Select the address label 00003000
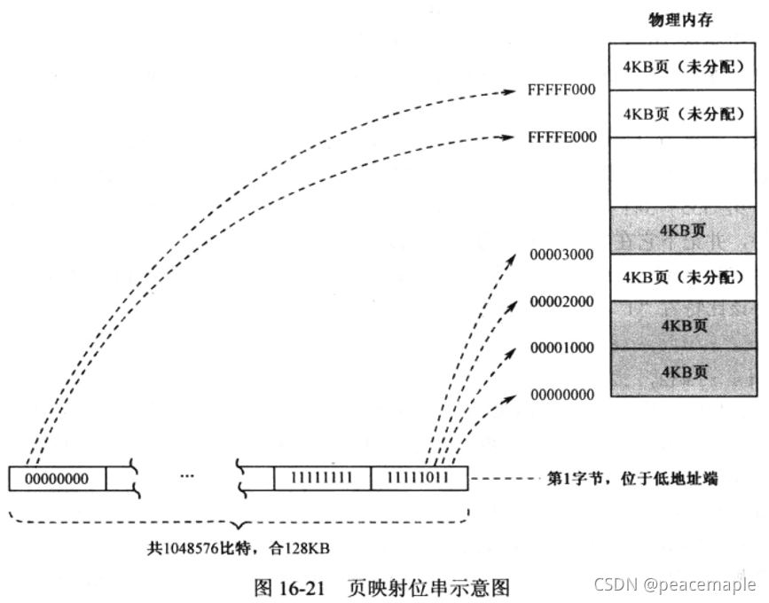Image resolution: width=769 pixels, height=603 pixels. click(561, 255)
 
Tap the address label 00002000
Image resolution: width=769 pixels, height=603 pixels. click(561, 301)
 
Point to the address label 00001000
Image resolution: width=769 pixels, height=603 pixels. click(561, 348)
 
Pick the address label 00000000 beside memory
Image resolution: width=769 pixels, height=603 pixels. click(561, 395)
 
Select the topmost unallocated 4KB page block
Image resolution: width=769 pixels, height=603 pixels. click(683, 67)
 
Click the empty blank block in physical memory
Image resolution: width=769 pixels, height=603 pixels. click(683, 172)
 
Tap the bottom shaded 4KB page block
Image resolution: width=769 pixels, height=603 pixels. click(683, 372)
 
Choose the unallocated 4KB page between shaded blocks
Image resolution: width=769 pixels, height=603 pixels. click(683, 277)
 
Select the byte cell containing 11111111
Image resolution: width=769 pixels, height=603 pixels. click(322, 479)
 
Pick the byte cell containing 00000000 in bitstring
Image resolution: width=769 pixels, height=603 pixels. click(57, 479)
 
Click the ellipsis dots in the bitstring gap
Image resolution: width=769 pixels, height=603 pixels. click(186, 477)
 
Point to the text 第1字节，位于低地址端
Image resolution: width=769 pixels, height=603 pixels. click(632, 479)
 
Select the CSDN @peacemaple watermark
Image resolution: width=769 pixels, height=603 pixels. click(674, 584)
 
